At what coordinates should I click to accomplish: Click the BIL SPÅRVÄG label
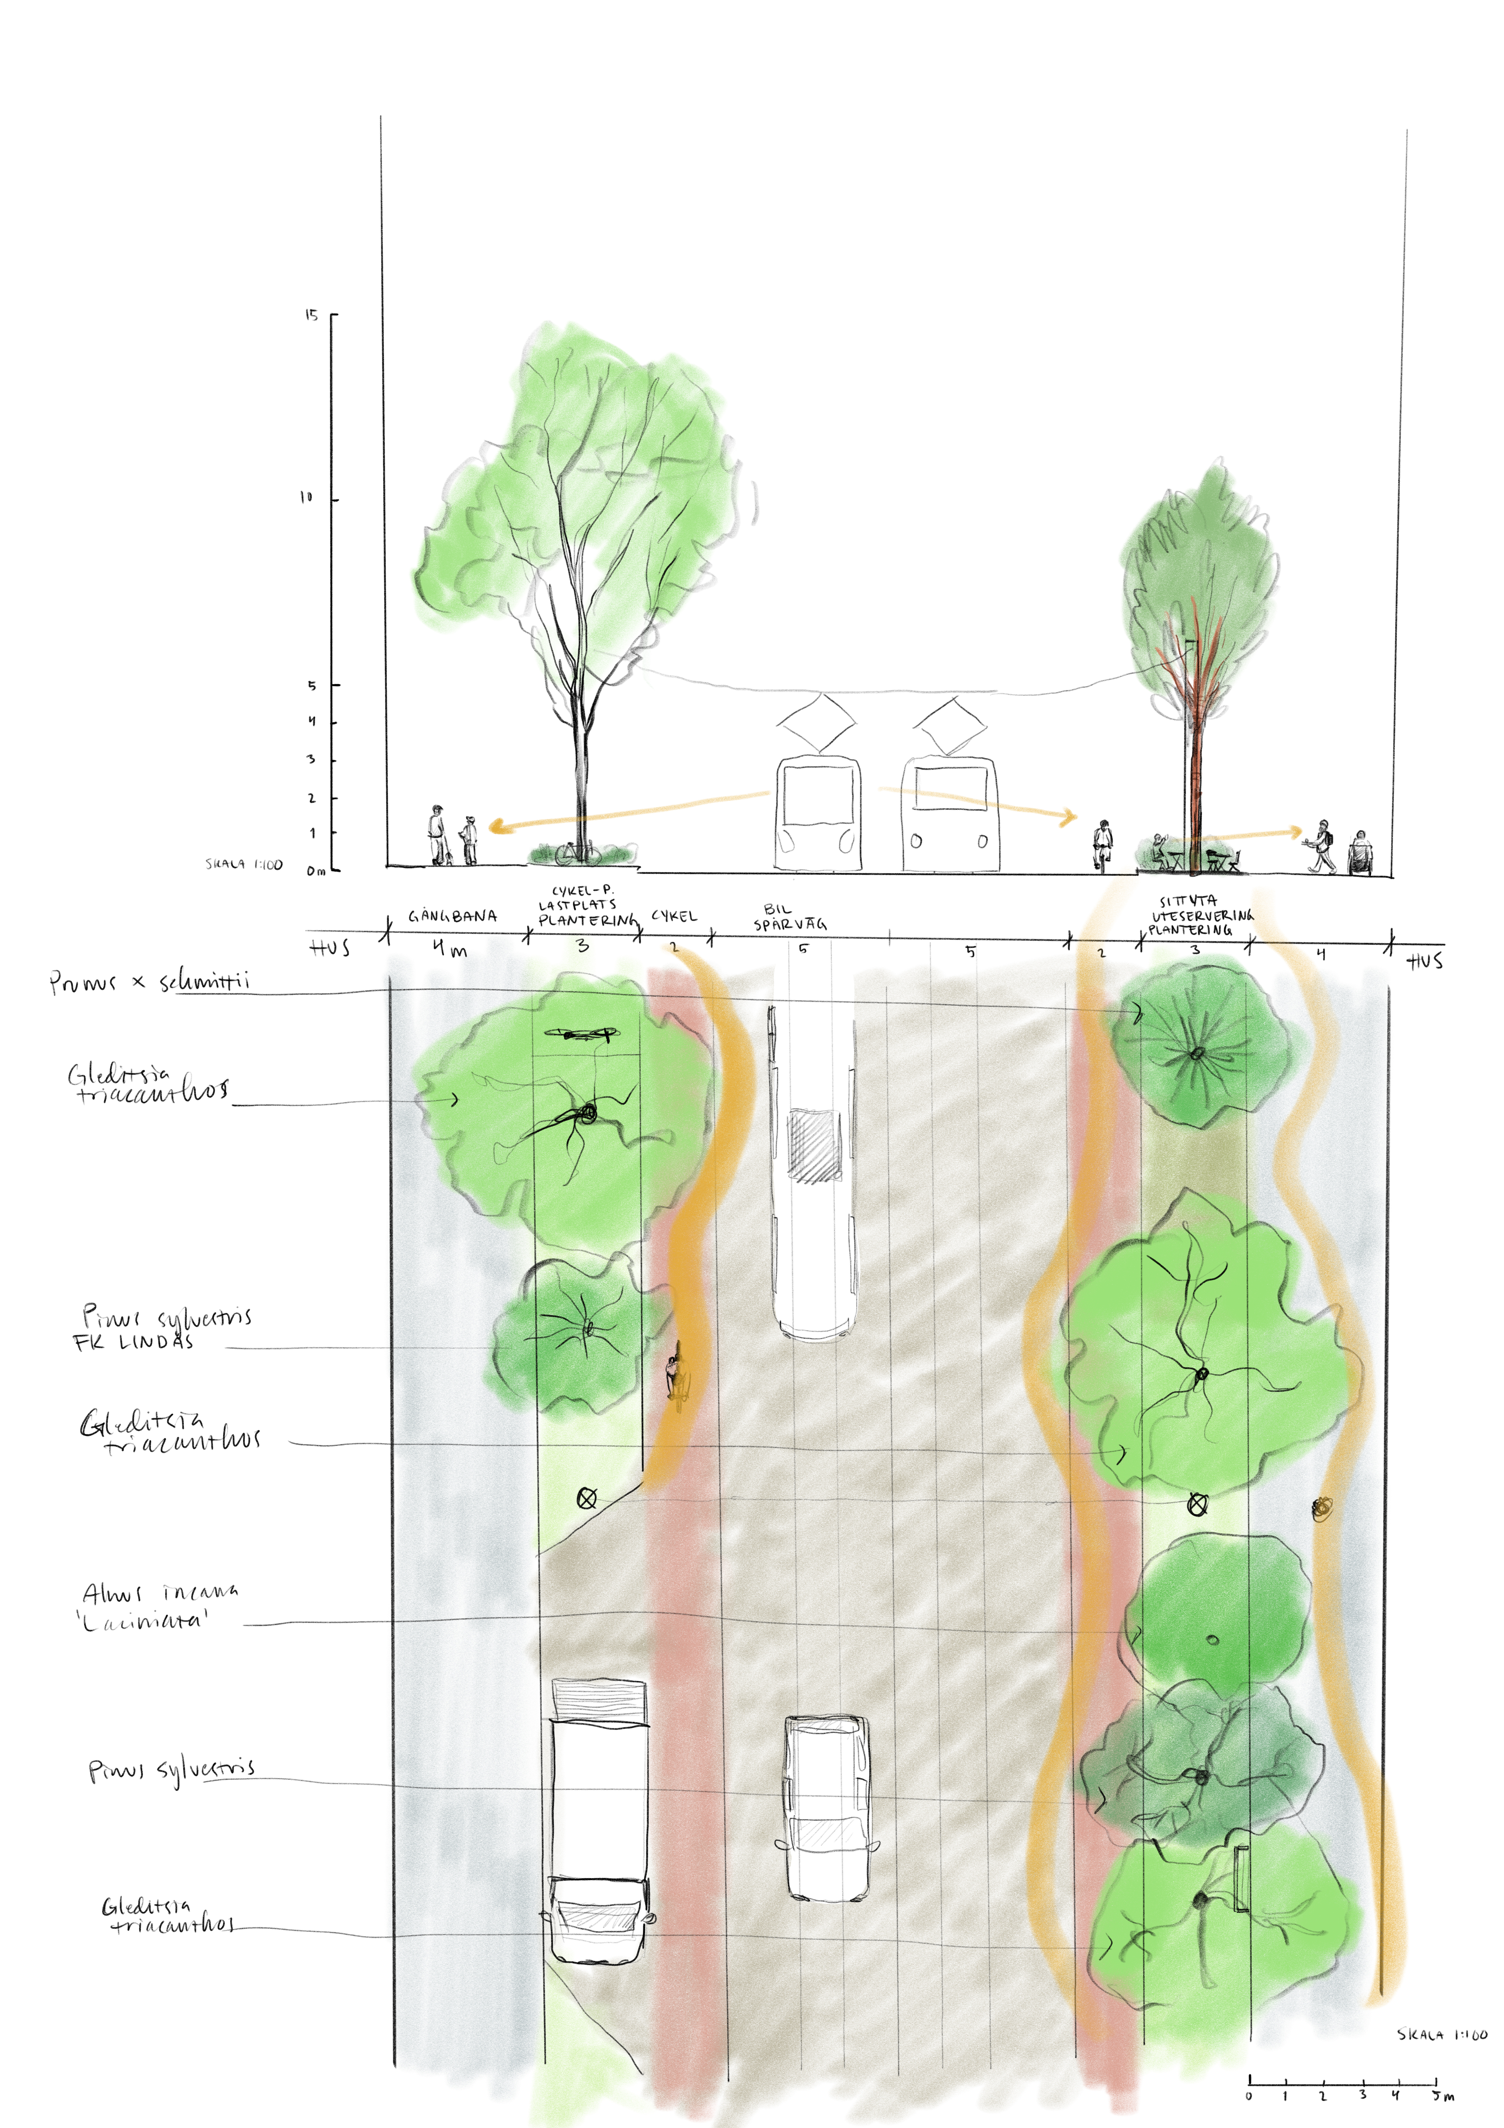[789, 918]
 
